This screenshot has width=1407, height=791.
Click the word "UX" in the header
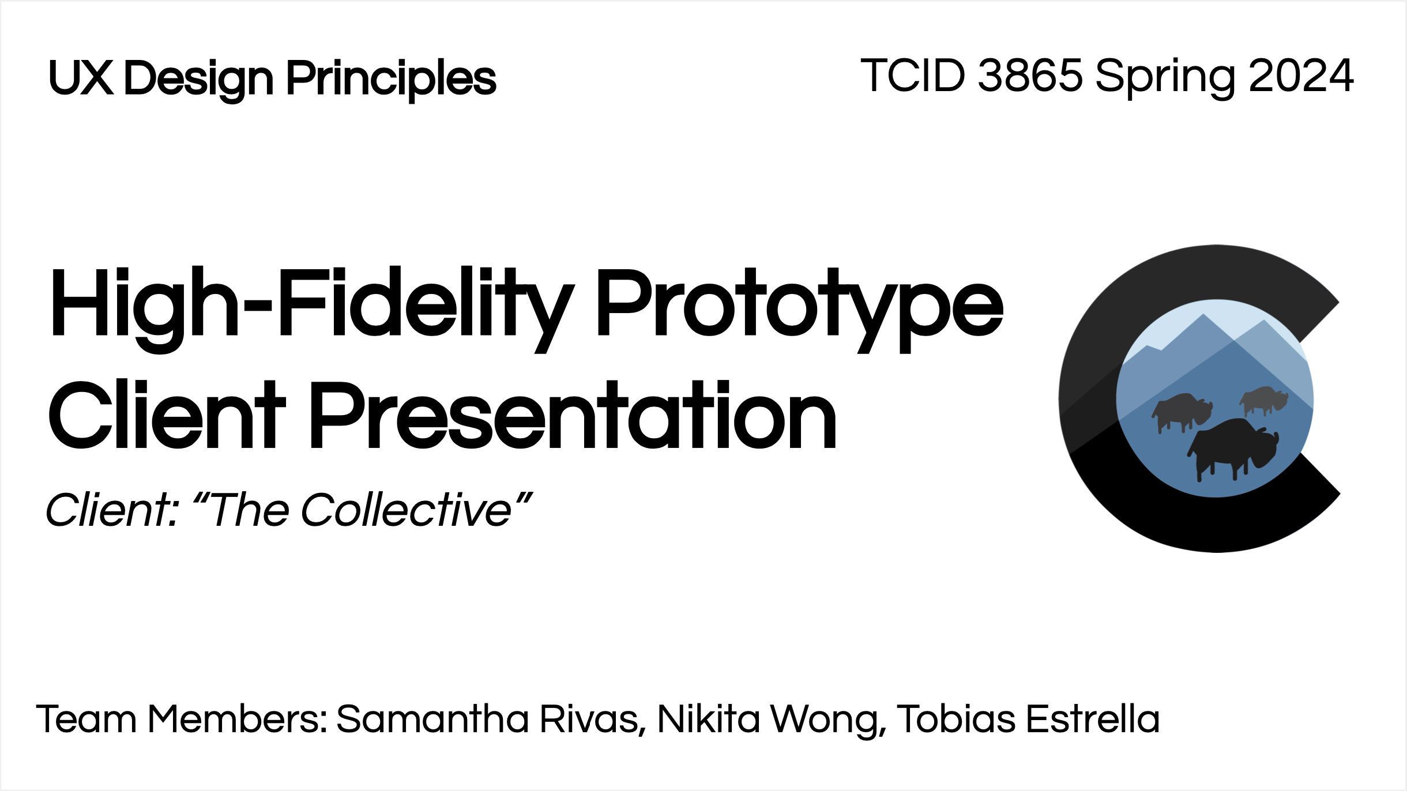[x=81, y=77]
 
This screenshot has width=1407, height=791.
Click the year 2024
[x=1301, y=76]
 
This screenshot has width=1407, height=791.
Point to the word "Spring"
[x=1165, y=80]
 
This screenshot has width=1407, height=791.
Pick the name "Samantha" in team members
[x=432, y=719]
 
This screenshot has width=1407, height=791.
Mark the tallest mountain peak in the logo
[x=1203, y=315]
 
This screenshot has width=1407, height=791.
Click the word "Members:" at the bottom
[x=238, y=719]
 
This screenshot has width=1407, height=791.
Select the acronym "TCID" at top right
[x=912, y=76]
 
